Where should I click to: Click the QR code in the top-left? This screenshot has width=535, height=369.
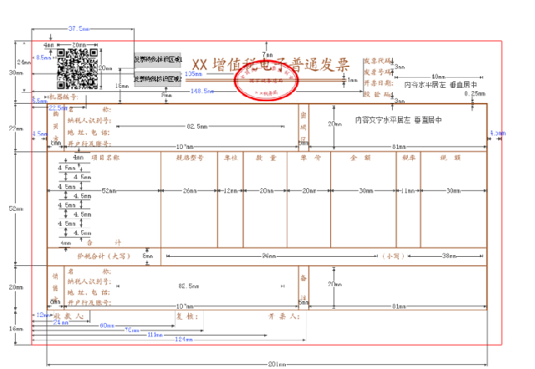pyautogui.click(x=79, y=69)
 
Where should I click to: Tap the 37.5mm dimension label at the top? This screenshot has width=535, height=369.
pyautogui.click(x=79, y=29)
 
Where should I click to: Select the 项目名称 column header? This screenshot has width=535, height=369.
pyautogui.click(x=104, y=156)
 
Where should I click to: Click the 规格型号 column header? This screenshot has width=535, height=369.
pyautogui.click(x=190, y=156)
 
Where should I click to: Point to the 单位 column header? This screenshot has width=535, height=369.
pyautogui.click(x=231, y=156)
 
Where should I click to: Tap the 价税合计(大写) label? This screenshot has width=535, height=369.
pyautogui.click(x=104, y=256)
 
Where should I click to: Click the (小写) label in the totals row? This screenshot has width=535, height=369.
pyautogui.click(x=391, y=256)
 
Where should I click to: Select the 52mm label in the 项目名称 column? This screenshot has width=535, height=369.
pyautogui.click(x=108, y=192)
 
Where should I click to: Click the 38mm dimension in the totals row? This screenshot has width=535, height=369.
pyautogui.click(x=451, y=256)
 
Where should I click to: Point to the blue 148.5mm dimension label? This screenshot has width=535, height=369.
pyautogui.click(x=201, y=90)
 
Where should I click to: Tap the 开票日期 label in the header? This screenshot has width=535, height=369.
pyautogui.click(x=377, y=84)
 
